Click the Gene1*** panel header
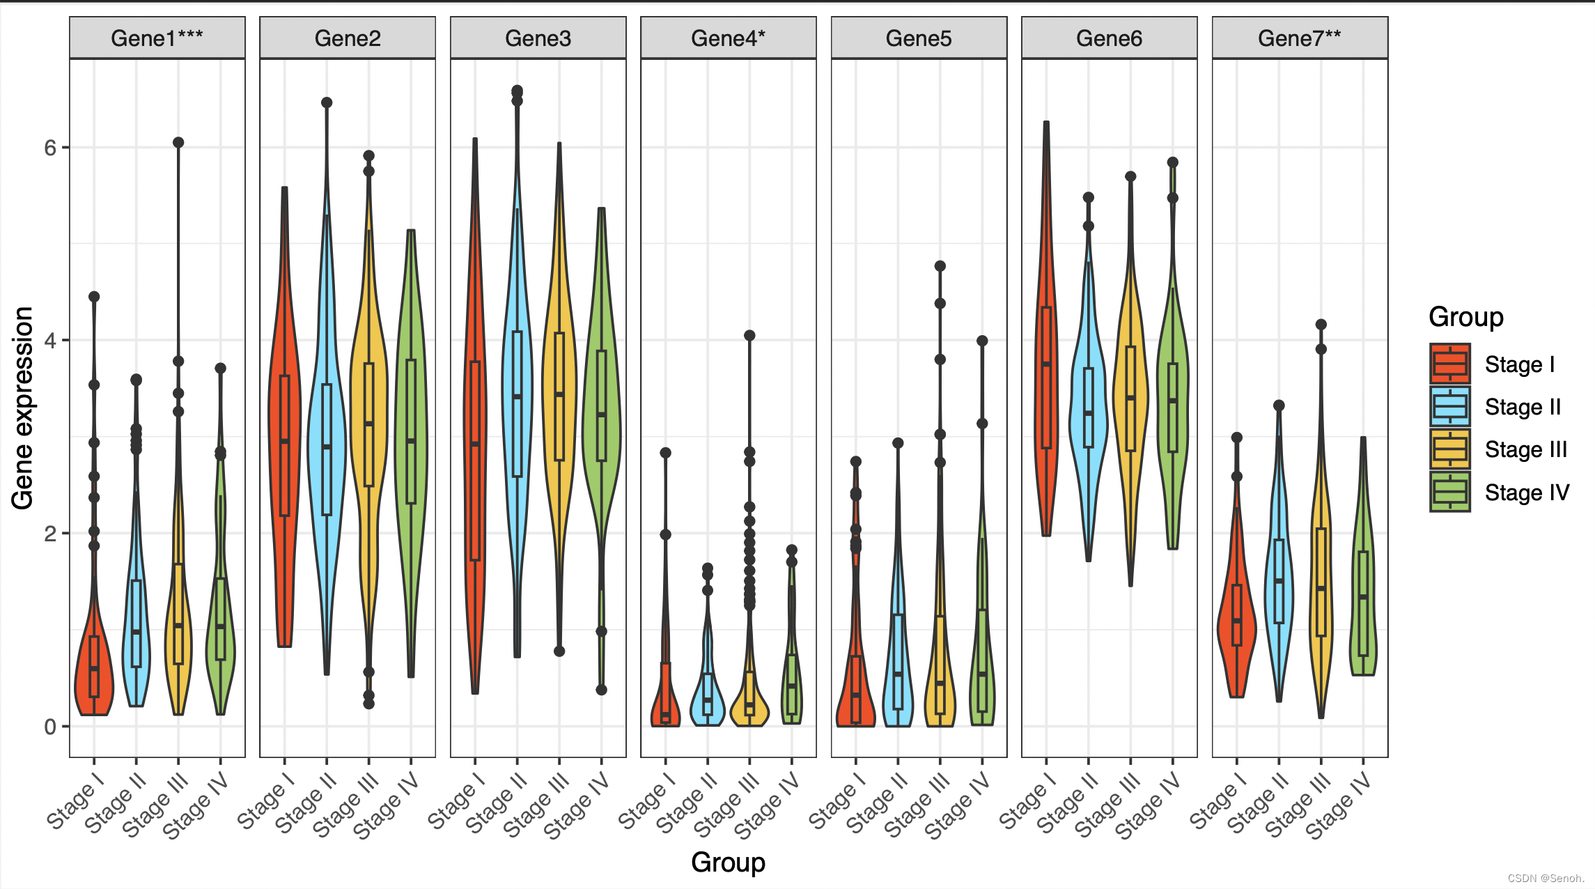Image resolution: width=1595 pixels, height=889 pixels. click(157, 38)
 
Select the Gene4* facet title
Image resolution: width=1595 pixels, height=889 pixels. click(728, 38)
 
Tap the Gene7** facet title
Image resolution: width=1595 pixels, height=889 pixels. click(1300, 38)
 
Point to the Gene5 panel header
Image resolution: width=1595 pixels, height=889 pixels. click(919, 38)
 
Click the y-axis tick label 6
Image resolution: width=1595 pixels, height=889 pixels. click(50, 148)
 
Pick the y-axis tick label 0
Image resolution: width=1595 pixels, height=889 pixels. click(50, 727)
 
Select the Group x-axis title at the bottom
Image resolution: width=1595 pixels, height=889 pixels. click(728, 863)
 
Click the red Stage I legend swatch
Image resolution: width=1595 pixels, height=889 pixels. click(1450, 364)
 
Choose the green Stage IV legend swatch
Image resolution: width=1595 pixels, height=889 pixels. click(1450, 492)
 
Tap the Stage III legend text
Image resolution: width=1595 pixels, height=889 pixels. click(1525, 449)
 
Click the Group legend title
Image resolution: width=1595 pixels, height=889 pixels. click(1465, 317)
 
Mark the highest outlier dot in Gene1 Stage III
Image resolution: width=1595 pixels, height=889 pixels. click(178, 143)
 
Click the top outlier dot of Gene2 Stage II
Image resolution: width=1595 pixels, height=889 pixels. click(327, 103)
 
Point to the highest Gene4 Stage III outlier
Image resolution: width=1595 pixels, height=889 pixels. click(749, 336)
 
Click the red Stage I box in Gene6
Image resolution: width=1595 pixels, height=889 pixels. click(1046, 377)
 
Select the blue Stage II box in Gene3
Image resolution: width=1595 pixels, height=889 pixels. click(517, 404)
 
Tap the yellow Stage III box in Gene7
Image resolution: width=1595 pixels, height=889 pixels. click(1321, 582)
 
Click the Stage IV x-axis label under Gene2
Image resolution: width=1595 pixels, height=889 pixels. click(387, 805)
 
